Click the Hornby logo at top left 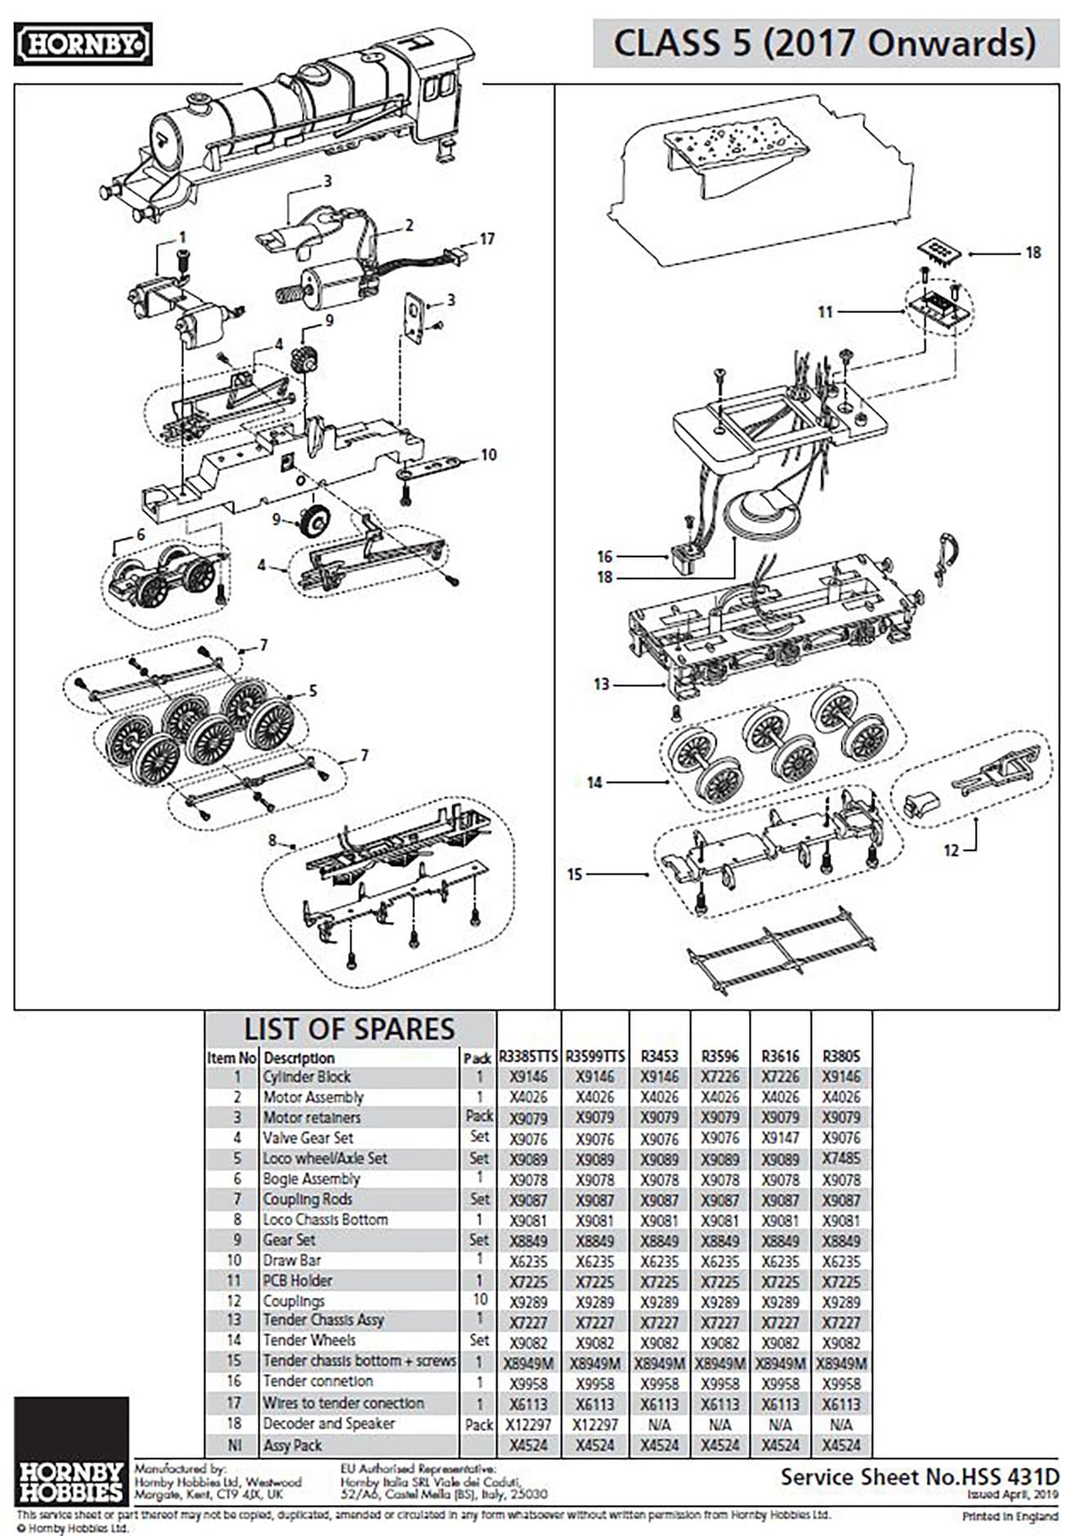pos(83,44)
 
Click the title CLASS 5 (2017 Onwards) pos(824,43)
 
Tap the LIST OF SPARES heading pos(349,1028)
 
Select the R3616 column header pos(779,1056)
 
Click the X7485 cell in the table pos(841,1159)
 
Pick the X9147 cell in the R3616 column pos(779,1138)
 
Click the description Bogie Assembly pos(311,1179)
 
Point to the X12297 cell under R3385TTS pos(528,1425)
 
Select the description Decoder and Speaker pos(328,1424)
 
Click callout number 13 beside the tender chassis pos(602,684)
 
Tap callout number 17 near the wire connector pos(487,239)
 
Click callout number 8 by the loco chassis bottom pos(273,840)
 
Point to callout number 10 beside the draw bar pos(489,454)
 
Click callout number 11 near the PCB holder pos(825,311)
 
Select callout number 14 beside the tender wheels pos(594,783)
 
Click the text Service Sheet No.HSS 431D pos(919,1477)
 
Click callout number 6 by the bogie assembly pos(141,534)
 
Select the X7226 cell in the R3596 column pos(720,1077)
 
